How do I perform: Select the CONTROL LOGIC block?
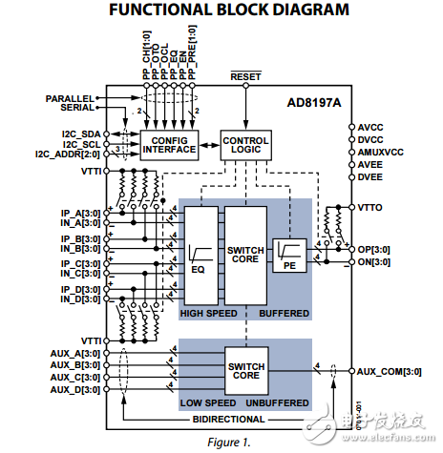(245, 143)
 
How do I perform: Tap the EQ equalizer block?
(200, 255)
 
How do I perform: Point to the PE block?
(288, 255)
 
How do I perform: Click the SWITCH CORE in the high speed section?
(245, 255)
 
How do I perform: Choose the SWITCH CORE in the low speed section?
(245, 370)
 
